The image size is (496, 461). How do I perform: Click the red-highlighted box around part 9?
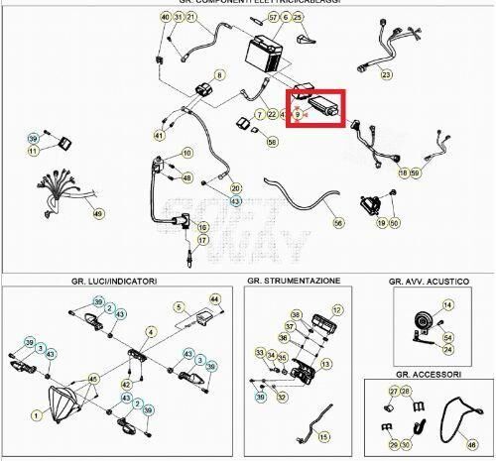coord(315,107)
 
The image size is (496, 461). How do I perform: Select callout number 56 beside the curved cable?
coord(338,224)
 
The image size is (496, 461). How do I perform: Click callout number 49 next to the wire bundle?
coord(97,213)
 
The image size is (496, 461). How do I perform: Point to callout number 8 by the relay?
coord(219,74)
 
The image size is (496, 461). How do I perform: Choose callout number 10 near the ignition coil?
coord(186,153)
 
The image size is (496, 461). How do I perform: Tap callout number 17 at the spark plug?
coord(202,240)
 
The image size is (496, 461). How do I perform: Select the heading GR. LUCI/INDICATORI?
coord(115,282)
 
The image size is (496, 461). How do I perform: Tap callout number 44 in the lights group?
coord(213,298)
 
